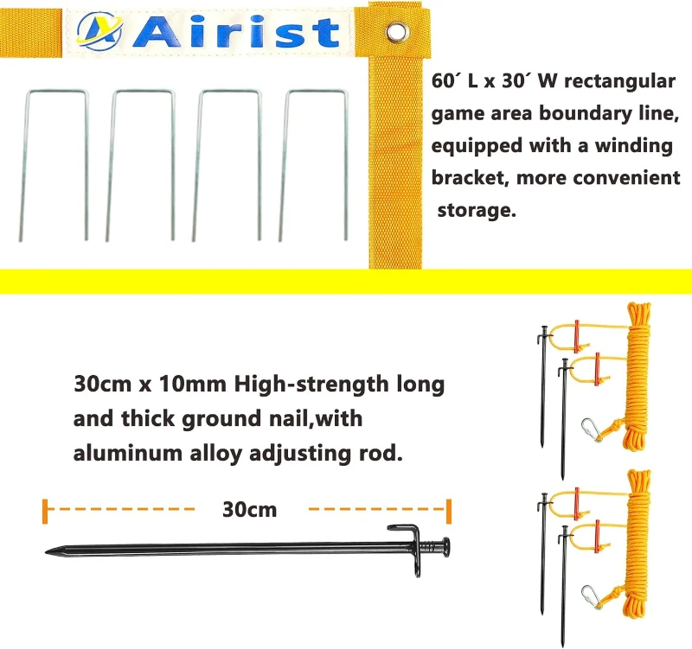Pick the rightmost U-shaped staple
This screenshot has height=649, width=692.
tap(317, 163)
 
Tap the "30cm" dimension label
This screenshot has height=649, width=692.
tap(249, 509)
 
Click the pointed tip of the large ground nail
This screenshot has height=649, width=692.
tap(50, 549)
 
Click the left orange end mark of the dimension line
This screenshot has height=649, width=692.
tap(43, 510)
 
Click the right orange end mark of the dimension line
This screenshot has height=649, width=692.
tap(449, 510)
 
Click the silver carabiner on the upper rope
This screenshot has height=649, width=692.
tap(591, 428)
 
